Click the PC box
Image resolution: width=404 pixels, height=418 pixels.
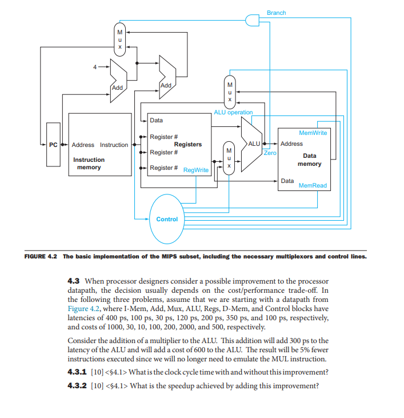(x=53, y=145)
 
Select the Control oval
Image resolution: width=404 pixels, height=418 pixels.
(x=167, y=219)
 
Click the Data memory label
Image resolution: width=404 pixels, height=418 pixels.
(x=309, y=160)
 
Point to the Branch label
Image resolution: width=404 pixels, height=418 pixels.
(x=277, y=13)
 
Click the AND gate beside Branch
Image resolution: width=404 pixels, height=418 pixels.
(x=251, y=21)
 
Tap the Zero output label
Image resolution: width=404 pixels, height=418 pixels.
(x=270, y=153)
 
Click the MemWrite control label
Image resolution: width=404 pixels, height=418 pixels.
(x=313, y=133)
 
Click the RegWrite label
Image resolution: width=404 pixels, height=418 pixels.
(x=196, y=170)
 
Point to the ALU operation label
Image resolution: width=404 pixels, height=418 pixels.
(x=233, y=112)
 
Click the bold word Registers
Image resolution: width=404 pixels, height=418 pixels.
(x=187, y=145)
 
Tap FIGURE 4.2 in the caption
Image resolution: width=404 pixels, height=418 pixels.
(x=41, y=256)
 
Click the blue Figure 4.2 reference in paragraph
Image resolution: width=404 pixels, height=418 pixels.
(x=85, y=307)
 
